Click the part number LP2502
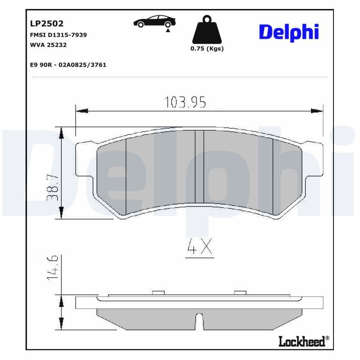click(x=47, y=23)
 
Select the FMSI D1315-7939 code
click(x=58, y=35)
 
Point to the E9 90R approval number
click(x=68, y=65)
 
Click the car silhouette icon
click(x=155, y=21)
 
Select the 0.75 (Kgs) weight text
click(x=207, y=49)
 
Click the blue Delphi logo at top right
click(x=290, y=32)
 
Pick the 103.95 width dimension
click(x=185, y=103)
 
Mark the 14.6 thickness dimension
click(x=53, y=267)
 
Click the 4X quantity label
click(x=199, y=247)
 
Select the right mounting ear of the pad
click(x=313, y=160)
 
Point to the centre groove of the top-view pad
click(x=199, y=166)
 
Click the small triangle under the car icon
click(x=167, y=30)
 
